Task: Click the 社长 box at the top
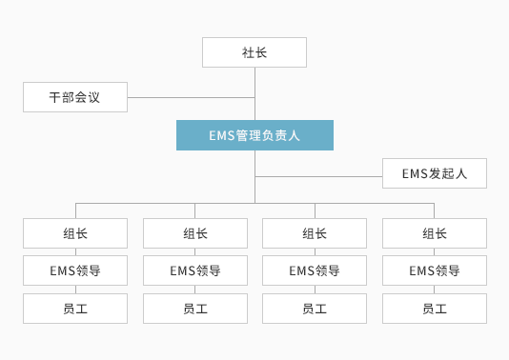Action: coord(254,52)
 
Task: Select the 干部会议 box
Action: coord(75,97)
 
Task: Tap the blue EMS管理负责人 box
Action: coord(254,135)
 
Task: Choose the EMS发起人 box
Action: coord(434,173)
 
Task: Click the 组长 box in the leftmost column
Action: coord(75,233)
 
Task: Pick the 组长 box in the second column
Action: coord(195,233)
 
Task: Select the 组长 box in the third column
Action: coord(315,233)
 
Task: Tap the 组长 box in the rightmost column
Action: coord(434,233)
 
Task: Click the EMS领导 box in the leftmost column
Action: coord(75,270)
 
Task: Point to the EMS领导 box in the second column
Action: coord(195,270)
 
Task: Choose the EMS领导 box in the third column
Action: coord(315,270)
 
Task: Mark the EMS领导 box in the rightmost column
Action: coord(434,270)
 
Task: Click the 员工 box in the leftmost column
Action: coord(75,309)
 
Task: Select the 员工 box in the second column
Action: coord(195,309)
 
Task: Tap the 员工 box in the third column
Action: coord(315,309)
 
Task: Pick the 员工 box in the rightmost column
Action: coord(434,309)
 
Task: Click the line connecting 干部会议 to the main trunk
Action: coord(191,97)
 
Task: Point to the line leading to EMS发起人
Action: coord(319,176)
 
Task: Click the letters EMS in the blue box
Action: coord(221,135)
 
